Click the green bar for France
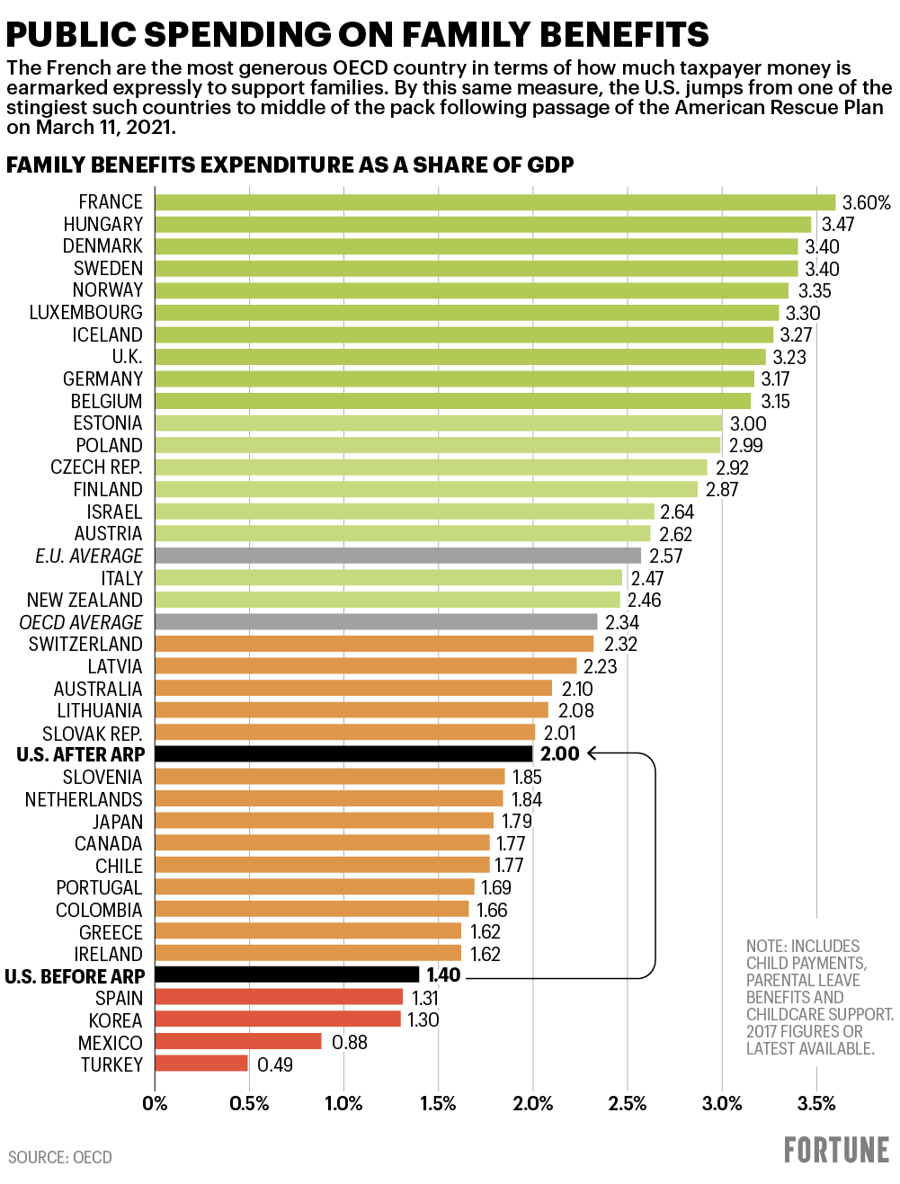(x=495, y=202)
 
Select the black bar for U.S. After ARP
(x=343, y=754)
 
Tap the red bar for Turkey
(x=201, y=1064)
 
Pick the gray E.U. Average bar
(x=397, y=556)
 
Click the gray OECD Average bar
(x=376, y=622)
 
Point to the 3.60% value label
(x=866, y=203)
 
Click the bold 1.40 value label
(x=443, y=975)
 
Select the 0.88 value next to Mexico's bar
(x=350, y=1042)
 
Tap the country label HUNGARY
(x=102, y=225)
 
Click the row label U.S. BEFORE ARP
(x=75, y=976)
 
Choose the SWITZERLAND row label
(x=85, y=645)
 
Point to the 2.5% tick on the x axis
(x=627, y=1104)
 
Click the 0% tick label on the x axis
(x=155, y=1104)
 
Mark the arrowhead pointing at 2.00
(x=593, y=753)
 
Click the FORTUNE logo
(x=836, y=1151)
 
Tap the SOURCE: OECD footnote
(x=60, y=1158)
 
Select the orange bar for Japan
(x=325, y=821)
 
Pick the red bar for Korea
(x=278, y=1019)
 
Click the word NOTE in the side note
(x=765, y=947)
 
